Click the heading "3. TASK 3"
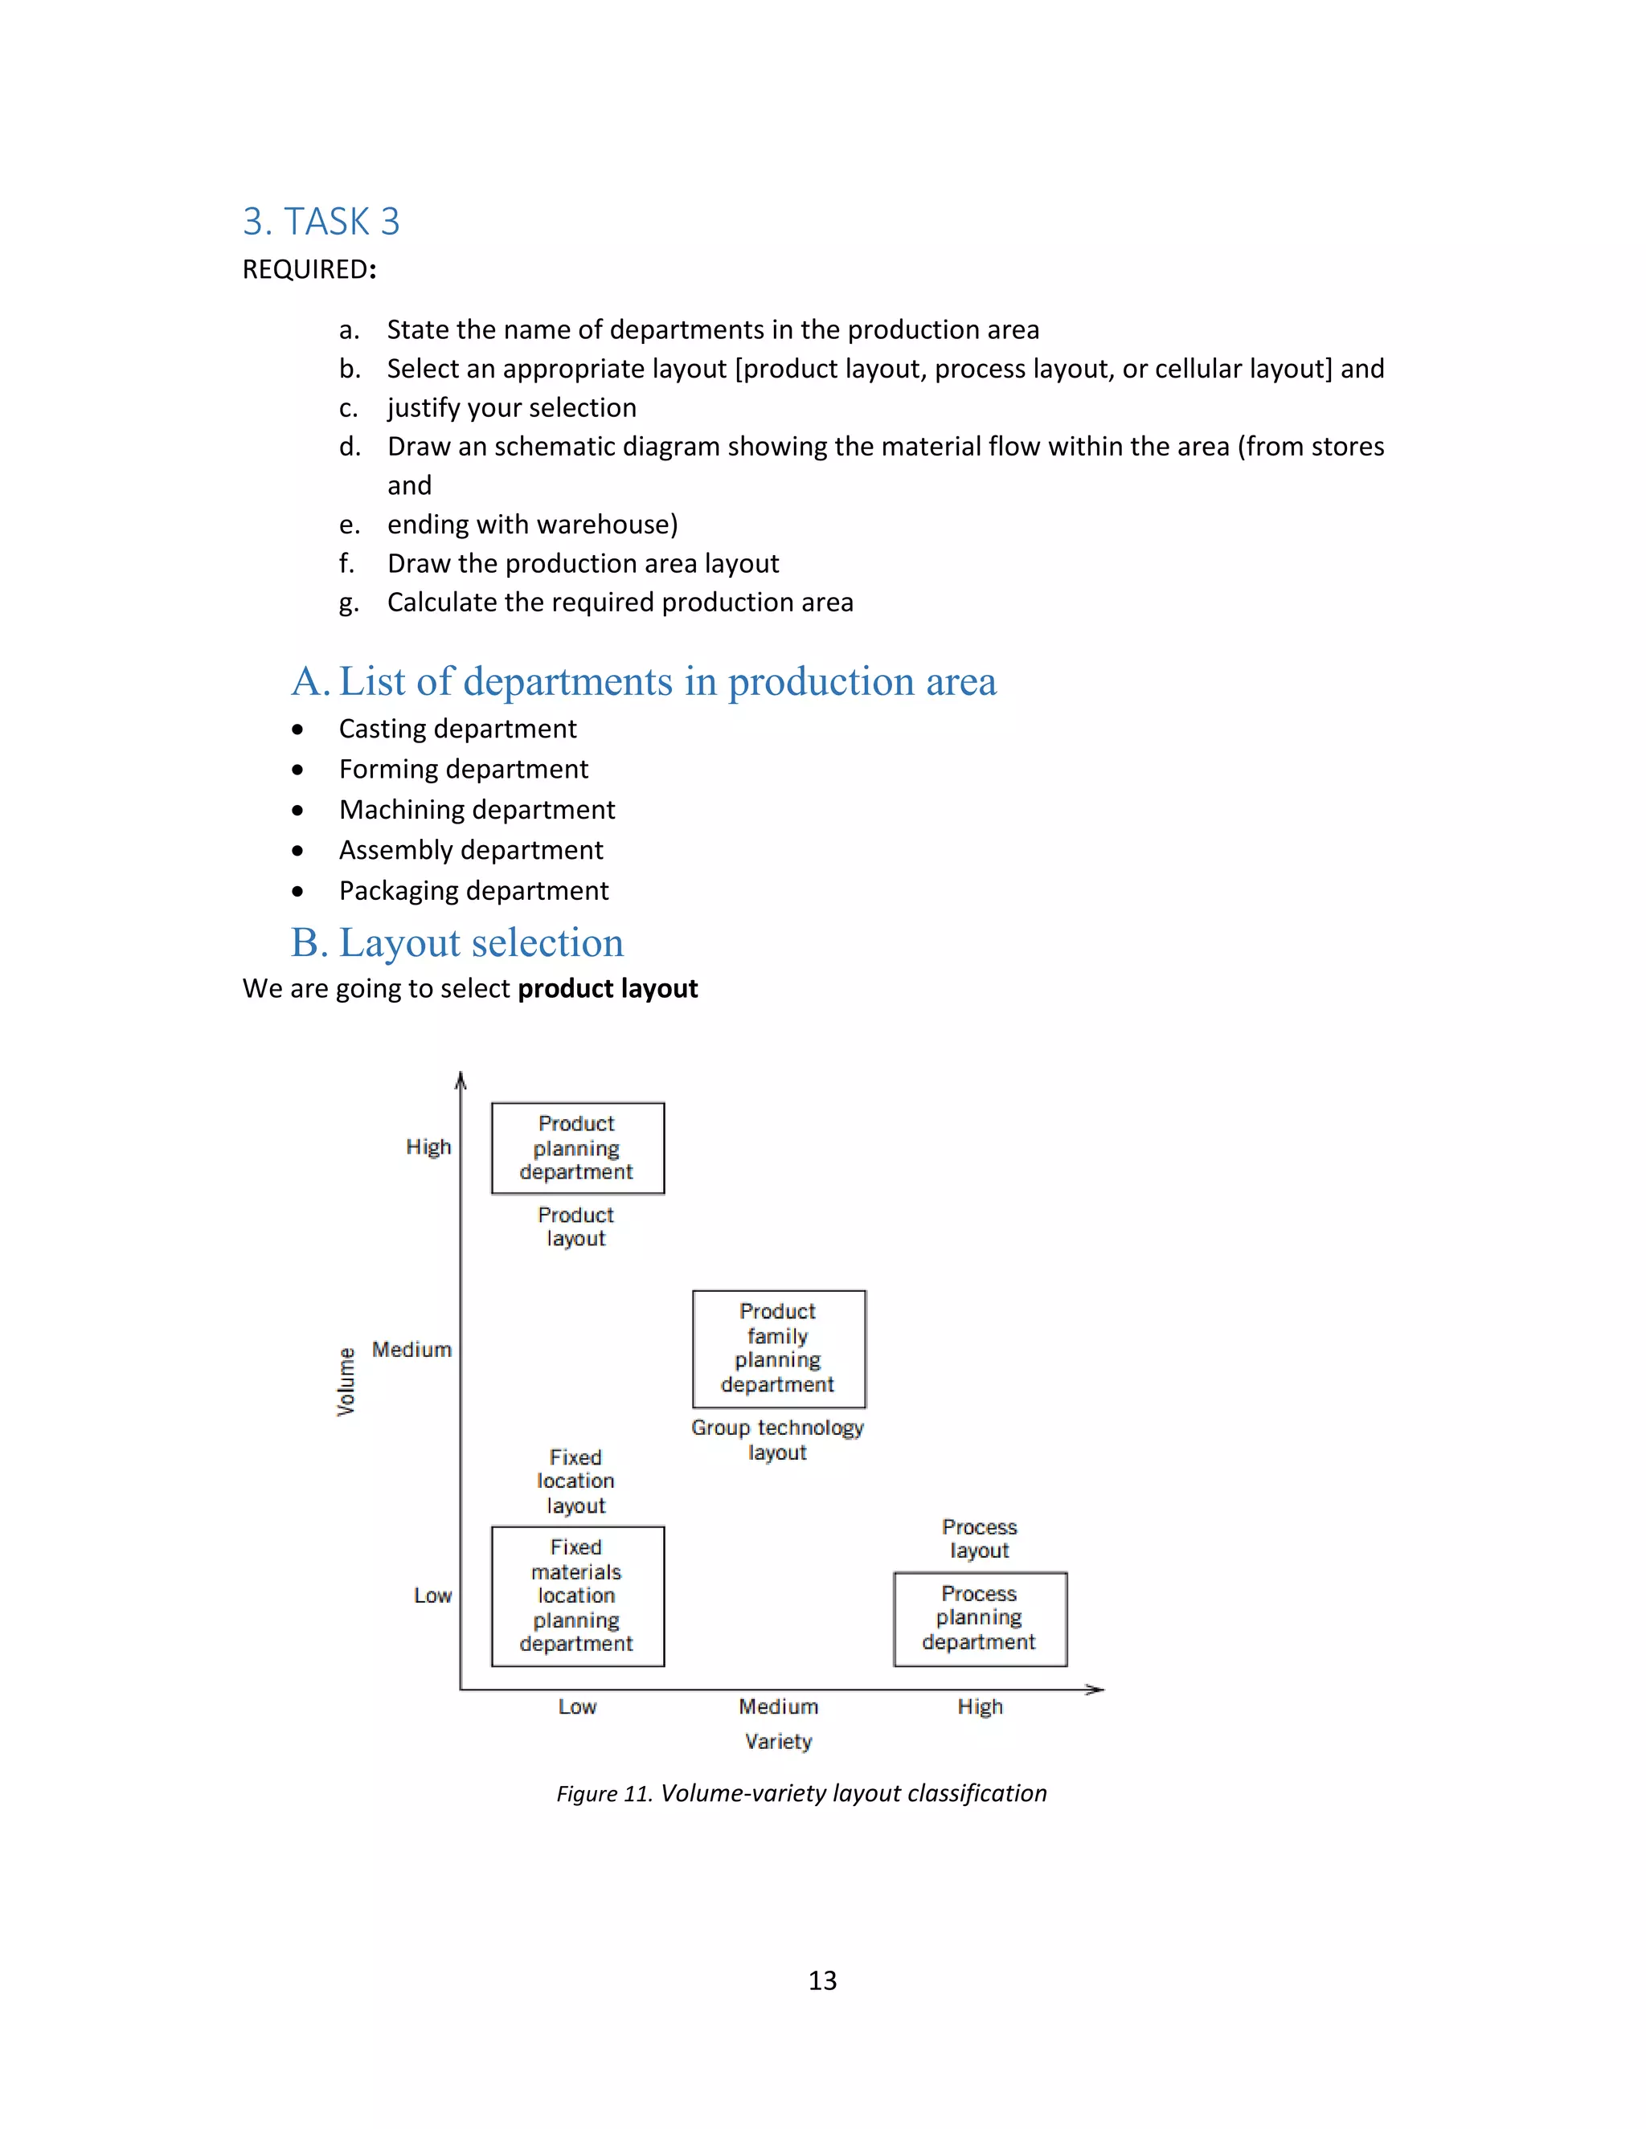[321, 223]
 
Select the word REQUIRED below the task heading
[306, 270]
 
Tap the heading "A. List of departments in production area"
[644, 681]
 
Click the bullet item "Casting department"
[457, 729]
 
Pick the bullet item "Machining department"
[477, 810]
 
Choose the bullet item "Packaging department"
[474, 891]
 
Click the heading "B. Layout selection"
[457, 942]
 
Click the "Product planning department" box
[577, 1148]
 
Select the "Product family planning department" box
[778, 1349]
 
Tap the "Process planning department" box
[980, 1618]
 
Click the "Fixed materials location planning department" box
[577, 1596]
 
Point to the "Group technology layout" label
[777, 1440]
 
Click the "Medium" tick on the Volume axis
[411, 1351]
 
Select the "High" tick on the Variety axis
[980, 1707]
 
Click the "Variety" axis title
[778, 1742]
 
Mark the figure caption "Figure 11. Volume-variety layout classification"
[801, 1794]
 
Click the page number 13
[822, 1981]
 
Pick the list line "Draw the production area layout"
[583, 563]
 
